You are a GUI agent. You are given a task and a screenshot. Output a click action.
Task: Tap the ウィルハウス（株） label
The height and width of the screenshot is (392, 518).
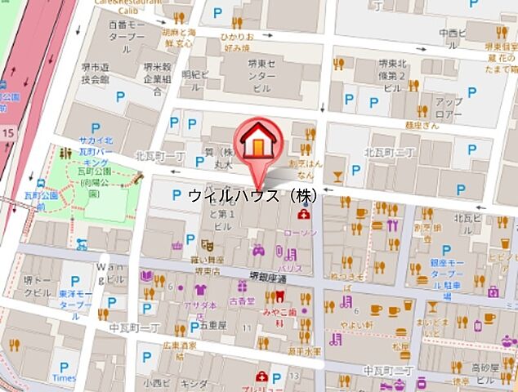pyautogui.click(x=252, y=196)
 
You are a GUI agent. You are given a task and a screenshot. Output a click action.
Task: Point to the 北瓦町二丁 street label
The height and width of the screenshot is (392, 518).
pyautogui.click(x=391, y=153)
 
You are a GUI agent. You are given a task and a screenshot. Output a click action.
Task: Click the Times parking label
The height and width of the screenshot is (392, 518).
pyautogui.click(x=64, y=378)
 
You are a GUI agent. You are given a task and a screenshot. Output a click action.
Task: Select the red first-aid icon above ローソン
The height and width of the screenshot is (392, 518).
pyautogui.click(x=304, y=215)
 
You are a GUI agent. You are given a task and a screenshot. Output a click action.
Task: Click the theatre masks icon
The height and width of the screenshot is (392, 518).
pyautogui.click(x=208, y=243)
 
